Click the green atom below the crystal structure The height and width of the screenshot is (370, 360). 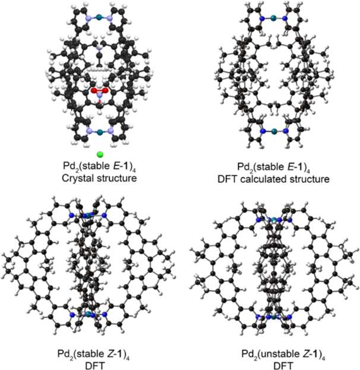100,154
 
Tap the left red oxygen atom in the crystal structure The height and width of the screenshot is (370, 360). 94,90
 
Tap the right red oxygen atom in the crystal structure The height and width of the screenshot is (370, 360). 105,90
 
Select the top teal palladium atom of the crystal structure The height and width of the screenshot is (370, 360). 99,17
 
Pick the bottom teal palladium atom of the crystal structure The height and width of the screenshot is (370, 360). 100,132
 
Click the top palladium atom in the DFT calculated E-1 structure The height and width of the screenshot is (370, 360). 273,18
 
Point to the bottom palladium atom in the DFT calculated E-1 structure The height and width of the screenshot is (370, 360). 274,131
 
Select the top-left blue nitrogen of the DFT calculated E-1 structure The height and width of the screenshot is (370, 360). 261,18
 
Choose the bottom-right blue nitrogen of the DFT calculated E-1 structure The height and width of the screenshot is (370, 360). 286,131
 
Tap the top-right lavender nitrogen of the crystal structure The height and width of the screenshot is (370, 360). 109,18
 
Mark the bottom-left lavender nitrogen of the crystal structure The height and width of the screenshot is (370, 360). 89,131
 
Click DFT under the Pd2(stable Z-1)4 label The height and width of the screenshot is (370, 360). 94,366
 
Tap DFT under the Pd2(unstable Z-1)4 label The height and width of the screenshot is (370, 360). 283,366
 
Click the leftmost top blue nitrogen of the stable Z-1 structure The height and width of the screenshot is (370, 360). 71,215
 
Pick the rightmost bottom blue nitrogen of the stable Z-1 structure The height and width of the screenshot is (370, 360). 105,314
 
